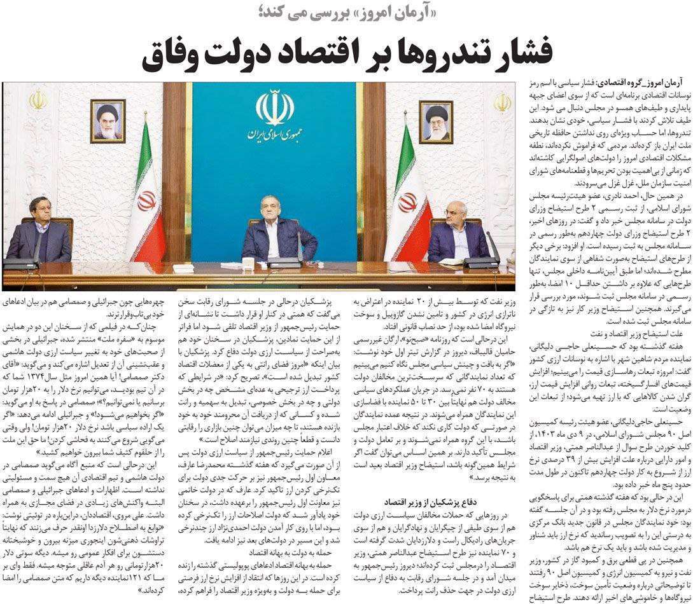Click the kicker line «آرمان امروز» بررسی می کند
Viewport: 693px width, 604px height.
(x=346, y=14)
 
